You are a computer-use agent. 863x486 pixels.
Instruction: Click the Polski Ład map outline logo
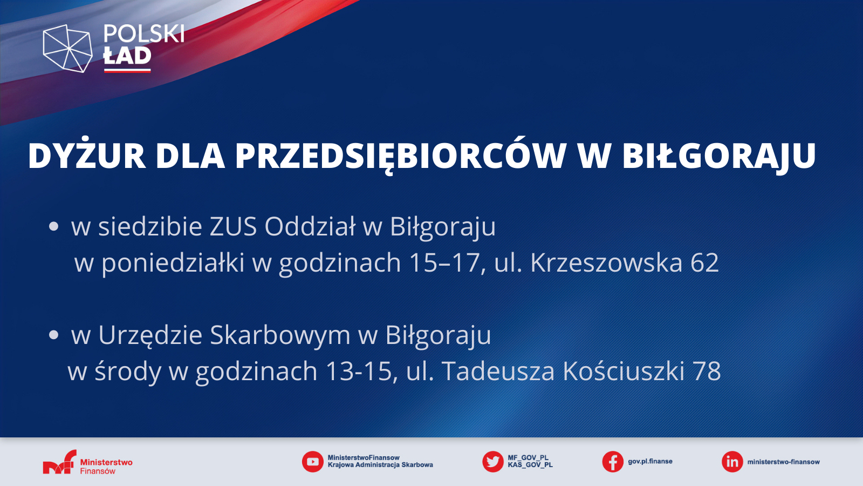coord(68,48)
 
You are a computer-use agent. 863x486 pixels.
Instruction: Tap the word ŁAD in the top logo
coord(127,56)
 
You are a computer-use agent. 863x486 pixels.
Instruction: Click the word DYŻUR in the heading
coord(87,156)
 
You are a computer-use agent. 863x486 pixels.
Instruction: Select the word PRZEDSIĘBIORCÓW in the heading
coord(401,156)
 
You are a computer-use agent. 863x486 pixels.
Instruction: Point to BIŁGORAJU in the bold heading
coord(719,156)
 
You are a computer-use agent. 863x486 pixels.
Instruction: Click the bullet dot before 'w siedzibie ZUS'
coord(53,226)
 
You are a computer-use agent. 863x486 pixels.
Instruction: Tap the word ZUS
coord(233,226)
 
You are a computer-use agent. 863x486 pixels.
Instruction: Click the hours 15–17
coord(443,263)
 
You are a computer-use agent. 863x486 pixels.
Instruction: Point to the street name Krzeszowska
coord(606,262)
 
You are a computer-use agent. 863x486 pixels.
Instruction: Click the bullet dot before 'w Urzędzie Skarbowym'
coord(53,335)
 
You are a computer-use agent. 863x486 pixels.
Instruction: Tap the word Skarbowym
coord(280,334)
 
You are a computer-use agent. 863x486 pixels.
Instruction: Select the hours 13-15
coord(359,372)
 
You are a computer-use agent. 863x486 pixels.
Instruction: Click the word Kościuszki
coord(624,370)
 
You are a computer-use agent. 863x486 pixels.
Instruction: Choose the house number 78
coord(707,372)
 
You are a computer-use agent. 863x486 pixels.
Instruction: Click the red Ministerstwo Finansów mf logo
coord(60,462)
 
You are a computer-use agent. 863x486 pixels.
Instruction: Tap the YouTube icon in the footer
coord(312,462)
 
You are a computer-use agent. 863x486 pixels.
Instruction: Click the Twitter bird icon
coord(493,462)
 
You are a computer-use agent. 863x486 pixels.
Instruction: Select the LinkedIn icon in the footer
coord(732,462)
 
